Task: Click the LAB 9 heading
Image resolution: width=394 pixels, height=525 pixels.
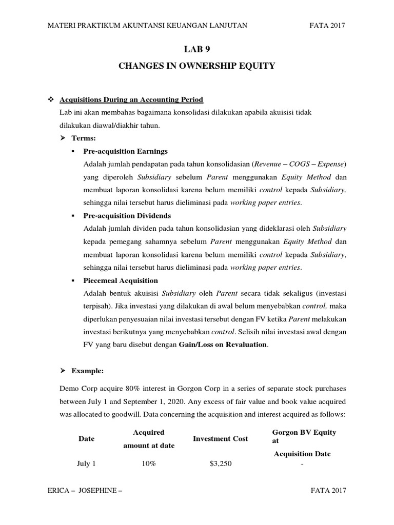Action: coord(197,50)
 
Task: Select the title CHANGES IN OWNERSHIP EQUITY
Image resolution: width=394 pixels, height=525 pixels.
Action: coord(197,66)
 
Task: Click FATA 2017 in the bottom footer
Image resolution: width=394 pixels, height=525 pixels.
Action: coord(328,490)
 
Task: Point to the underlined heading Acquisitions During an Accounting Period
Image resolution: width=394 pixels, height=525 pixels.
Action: coord(132,99)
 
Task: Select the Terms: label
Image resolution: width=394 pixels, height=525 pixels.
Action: coord(85,138)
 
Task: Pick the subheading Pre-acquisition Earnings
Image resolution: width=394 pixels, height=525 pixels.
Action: coord(125,152)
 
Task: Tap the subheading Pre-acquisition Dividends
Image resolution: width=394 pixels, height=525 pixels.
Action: coord(127,215)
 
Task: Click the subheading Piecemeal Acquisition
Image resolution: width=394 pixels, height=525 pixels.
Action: coord(121,280)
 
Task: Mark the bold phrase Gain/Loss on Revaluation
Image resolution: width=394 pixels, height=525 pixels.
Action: coord(223,345)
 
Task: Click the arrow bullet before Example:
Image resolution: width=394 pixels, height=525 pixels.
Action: coord(64,370)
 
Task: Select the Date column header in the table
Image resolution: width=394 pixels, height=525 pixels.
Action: coord(86,439)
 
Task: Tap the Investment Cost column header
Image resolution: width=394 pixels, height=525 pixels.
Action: coord(220,438)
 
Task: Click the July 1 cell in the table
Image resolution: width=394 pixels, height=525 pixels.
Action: coord(86,463)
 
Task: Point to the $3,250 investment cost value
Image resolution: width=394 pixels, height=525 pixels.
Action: coord(220,463)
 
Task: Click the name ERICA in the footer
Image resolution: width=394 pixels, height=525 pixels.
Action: coord(58,490)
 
